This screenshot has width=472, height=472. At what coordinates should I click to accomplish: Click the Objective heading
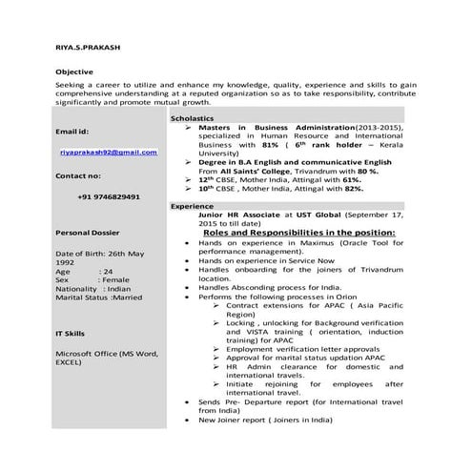[x=75, y=72]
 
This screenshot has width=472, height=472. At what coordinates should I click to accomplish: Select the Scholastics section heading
[x=194, y=117]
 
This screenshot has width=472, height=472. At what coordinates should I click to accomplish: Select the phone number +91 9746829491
[x=109, y=196]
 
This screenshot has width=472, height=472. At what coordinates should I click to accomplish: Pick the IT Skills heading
[x=72, y=333]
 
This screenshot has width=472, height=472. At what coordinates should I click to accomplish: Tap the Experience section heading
[x=194, y=206]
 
